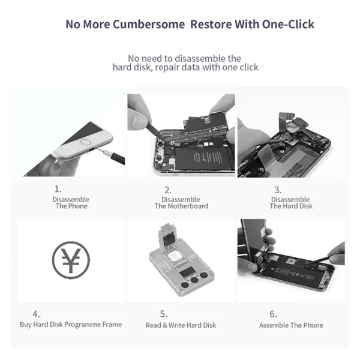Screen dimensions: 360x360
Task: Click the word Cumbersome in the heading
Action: (149, 24)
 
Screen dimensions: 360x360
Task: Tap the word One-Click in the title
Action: (288, 24)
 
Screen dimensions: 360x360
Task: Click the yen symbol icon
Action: (71, 260)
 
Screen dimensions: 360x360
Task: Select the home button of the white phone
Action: (86, 142)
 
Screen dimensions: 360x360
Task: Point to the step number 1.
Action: (58, 189)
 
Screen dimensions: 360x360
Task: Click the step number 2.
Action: (168, 190)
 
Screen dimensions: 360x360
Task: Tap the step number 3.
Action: (278, 190)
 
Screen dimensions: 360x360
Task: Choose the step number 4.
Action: (36, 314)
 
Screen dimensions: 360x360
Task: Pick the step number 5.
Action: (163, 314)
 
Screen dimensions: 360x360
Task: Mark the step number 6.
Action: (273, 314)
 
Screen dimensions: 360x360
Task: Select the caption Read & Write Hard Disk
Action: (181, 325)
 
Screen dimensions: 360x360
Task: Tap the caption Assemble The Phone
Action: (291, 325)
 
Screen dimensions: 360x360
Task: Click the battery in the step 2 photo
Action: (204, 158)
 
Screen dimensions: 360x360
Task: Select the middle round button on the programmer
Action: (194, 280)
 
